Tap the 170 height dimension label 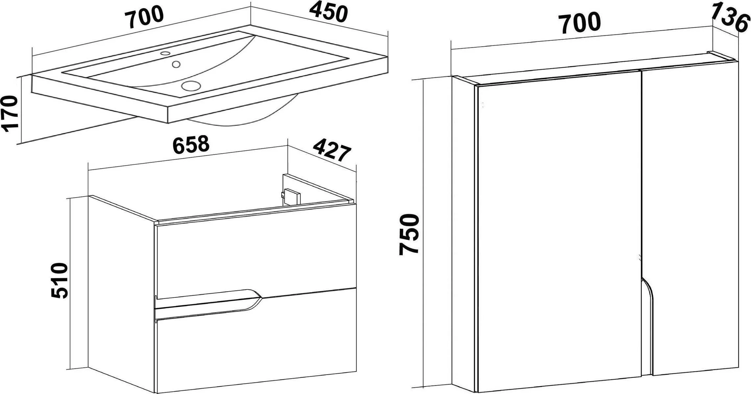[10, 114]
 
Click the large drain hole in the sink [191, 86]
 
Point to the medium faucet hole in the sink [177, 64]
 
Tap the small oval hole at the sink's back [165, 53]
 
